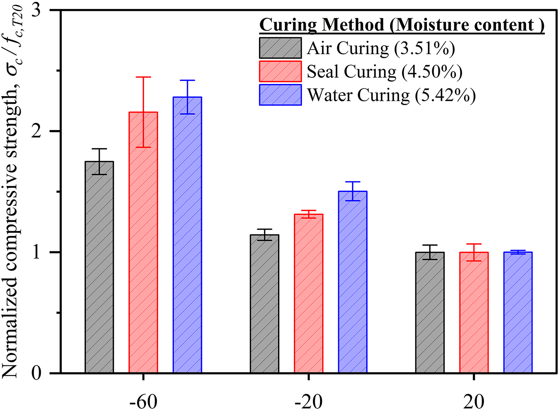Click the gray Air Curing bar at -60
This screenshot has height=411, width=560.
(x=99, y=267)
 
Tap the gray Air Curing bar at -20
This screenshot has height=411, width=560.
(x=265, y=304)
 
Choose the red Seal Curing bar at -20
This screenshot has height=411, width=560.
(x=308, y=294)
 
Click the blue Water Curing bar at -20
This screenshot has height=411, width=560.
(x=352, y=282)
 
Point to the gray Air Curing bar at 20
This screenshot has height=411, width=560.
(x=430, y=313)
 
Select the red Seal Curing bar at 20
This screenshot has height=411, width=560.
(x=474, y=313)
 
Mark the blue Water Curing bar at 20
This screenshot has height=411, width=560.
(x=518, y=313)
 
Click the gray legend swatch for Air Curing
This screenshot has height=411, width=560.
(x=280, y=48)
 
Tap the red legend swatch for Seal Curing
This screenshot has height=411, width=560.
(x=280, y=71)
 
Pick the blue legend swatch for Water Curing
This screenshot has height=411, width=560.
(x=280, y=95)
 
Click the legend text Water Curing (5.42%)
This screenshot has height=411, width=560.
(x=391, y=95)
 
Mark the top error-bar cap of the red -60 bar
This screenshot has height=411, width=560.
(x=143, y=77)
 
